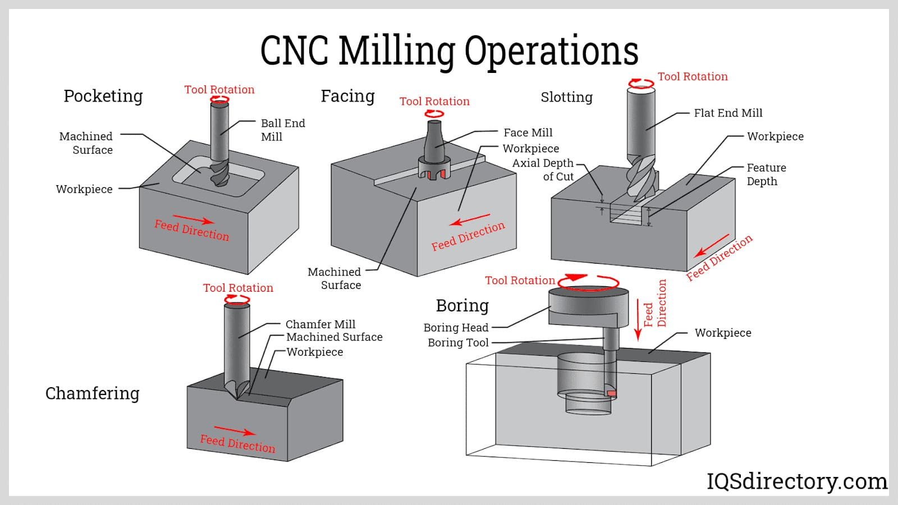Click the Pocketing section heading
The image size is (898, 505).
pyautogui.click(x=103, y=96)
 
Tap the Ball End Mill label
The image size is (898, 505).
pyautogui.click(x=282, y=130)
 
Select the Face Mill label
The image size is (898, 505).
pyautogui.click(x=528, y=132)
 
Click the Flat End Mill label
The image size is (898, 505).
pyautogui.click(x=728, y=113)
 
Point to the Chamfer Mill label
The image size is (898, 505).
pyautogui.click(x=320, y=324)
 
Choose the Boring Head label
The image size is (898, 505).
pyautogui.click(x=456, y=328)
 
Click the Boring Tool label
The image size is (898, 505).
pyautogui.click(x=458, y=343)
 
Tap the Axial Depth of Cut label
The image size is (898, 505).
pyautogui.click(x=543, y=169)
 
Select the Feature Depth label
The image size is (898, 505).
pyautogui.click(x=766, y=175)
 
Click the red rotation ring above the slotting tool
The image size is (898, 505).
pyautogui.click(x=641, y=84)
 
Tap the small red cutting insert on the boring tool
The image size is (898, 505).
pyautogui.click(x=612, y=393)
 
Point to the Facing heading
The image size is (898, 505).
pyautogui.click(x=347, y=96)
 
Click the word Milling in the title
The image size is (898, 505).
pyautogui.click(x=397, y=50)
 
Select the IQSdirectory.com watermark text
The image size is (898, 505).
pyautogui.click(x=796, y=481)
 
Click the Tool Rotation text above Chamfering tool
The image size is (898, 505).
pyautogui.click(x=238, y=288)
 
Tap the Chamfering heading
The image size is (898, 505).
pyautogui.click(x=92, y=393)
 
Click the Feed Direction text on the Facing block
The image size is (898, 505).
pyautogui.click(x=468, y=236)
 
